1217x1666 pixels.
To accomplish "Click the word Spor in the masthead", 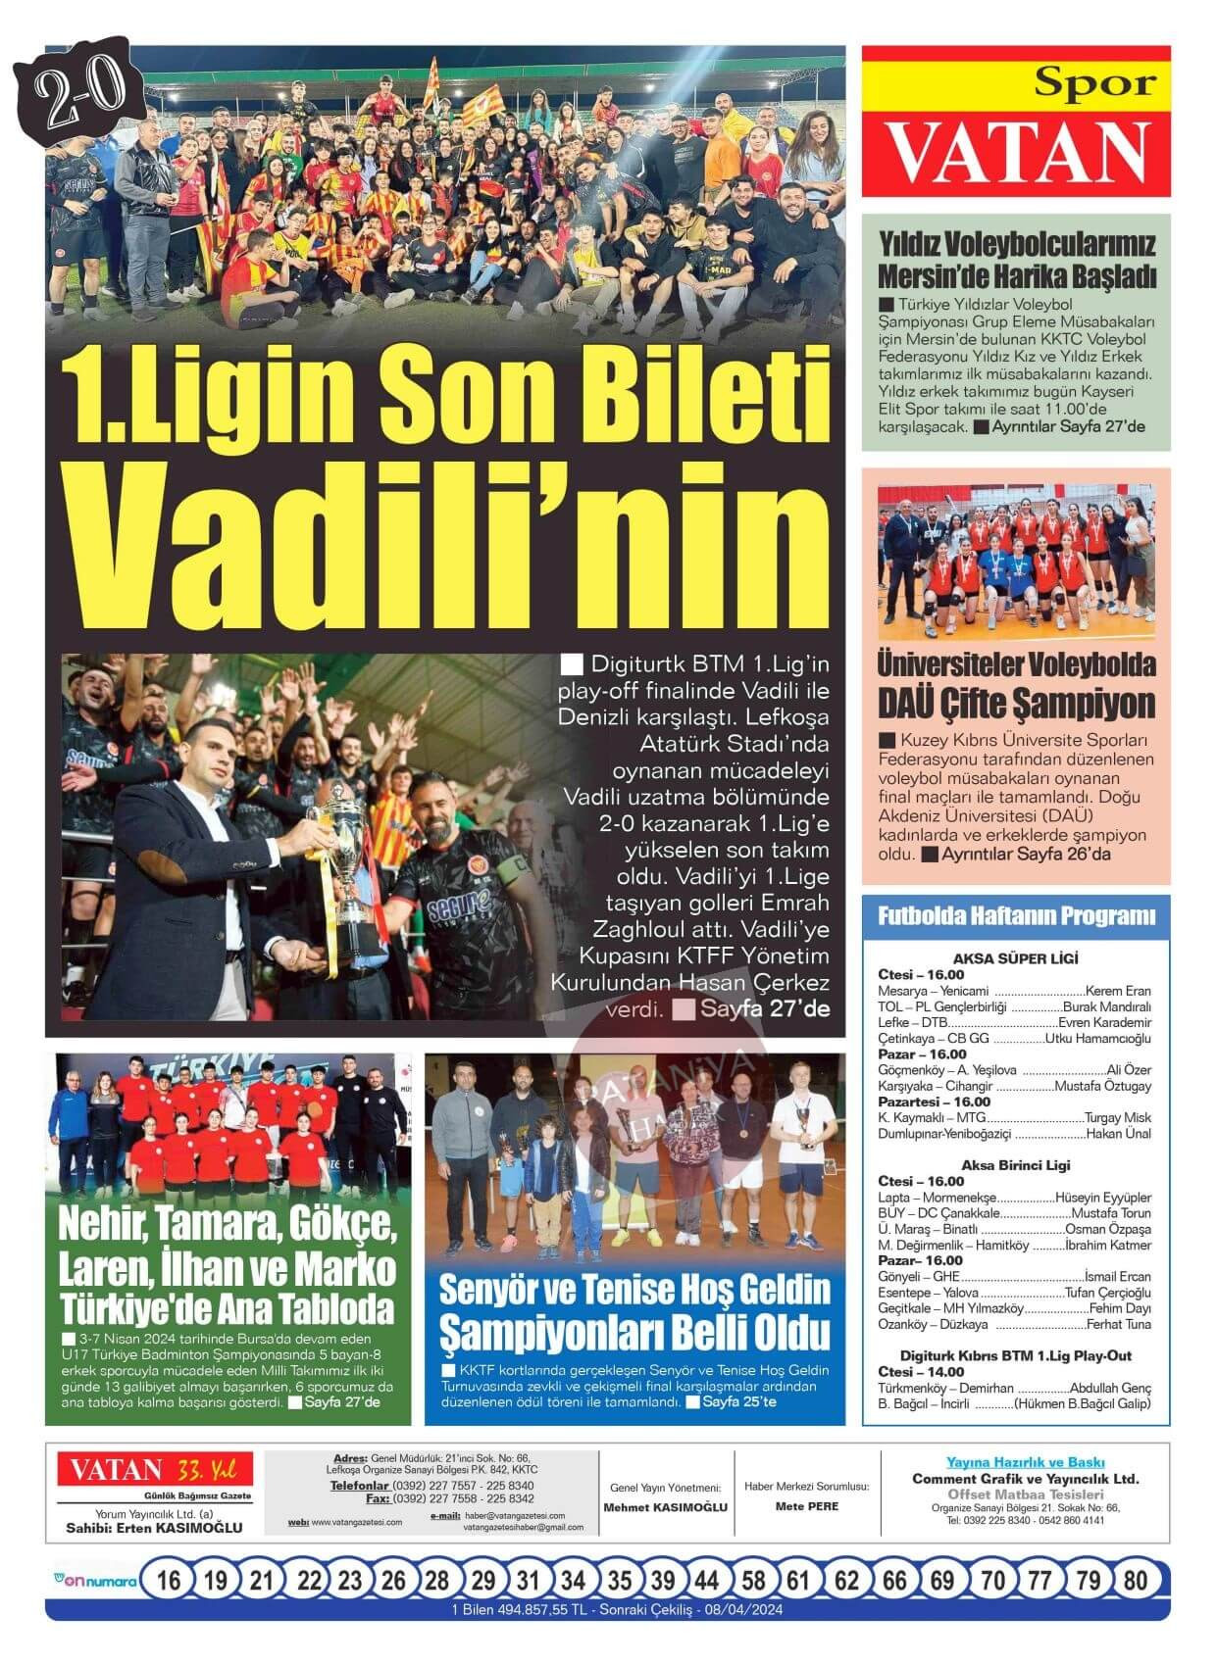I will [1094, 84].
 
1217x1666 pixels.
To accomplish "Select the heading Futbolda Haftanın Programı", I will [1016, 917].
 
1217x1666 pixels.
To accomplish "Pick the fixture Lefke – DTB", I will [906, 1022].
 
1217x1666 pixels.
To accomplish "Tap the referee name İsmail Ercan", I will [1118, 1277].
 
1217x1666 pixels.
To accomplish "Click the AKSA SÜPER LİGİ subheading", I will [1015, 958].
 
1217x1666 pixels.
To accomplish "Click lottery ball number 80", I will [1136, 1580].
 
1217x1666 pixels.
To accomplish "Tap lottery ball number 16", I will [169, 1580].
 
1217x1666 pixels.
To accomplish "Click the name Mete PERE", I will [806, 1506].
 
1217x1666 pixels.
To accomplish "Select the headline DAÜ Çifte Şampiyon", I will [1016, 704].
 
